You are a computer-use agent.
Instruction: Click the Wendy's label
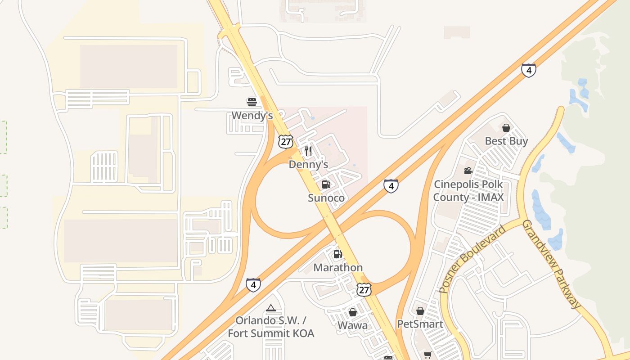252,116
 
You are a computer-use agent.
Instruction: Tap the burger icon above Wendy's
252,102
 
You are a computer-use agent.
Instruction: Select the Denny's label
308,164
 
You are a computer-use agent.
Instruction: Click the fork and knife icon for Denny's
308,151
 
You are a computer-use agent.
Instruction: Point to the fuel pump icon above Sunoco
326,184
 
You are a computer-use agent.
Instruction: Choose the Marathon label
338,268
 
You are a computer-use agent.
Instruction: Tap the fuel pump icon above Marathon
338,254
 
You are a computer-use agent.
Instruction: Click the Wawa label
353,325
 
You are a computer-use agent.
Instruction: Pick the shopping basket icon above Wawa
353,312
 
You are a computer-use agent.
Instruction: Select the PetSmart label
420,324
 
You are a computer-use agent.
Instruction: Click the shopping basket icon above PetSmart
420,311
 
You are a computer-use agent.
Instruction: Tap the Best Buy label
506,141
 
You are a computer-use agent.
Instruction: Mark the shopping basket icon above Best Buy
506,128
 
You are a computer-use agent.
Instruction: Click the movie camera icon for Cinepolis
468,171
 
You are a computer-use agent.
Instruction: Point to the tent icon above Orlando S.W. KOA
270,308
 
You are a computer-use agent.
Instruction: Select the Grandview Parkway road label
552,265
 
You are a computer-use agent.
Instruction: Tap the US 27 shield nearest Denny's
285,141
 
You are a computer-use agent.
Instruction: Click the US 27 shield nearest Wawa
364,290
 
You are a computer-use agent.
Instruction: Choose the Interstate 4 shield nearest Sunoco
391,186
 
